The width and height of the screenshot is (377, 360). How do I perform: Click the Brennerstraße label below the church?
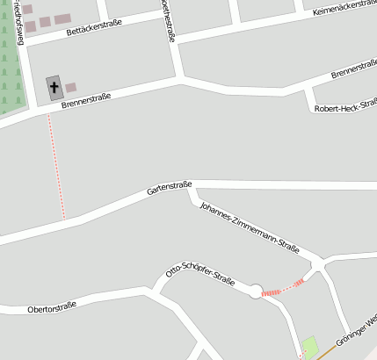85,98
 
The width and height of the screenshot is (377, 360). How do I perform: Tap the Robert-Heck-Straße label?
345,104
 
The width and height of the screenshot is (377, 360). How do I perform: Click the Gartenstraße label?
170,186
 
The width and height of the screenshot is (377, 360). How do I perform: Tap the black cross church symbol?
54,86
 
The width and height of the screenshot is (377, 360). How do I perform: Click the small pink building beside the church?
71,87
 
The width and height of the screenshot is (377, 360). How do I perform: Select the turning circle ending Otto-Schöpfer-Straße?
256,292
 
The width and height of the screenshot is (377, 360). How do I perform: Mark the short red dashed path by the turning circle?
283,287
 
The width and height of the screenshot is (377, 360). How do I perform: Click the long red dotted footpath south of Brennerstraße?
56,167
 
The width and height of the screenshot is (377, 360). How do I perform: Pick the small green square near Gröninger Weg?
310,347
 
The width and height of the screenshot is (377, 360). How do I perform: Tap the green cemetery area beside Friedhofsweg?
9,70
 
